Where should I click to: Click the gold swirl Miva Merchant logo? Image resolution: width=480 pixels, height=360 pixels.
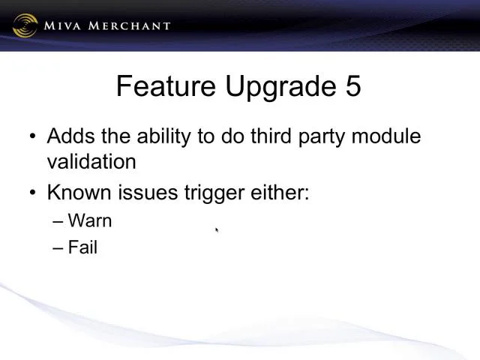coord(25,25)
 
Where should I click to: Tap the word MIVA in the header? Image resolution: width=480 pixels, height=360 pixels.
coord(62,25)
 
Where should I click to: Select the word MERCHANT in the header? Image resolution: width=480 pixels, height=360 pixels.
coord(129,25)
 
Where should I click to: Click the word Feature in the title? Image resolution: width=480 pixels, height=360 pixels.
coord(166,85)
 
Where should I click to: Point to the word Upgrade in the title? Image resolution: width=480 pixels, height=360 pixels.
coord(280,87)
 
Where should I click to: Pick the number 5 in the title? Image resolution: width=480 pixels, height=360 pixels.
coord(353,86)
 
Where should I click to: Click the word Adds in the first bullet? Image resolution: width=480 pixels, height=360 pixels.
coord(71,136)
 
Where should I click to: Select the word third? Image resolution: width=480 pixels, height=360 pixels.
coord(271,136)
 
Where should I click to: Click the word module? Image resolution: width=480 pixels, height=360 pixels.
coord(386,136)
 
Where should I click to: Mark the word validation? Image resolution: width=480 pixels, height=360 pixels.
coord(91,161)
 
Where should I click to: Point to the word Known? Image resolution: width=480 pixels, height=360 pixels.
coord(79,192)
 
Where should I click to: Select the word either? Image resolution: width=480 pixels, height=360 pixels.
coord(280,192)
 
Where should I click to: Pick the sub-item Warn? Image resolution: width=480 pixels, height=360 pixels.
coord(90,220)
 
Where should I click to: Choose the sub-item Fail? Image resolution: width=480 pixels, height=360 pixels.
coord(82,247)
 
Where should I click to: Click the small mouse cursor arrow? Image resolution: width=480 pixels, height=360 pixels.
coord(217,230)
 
